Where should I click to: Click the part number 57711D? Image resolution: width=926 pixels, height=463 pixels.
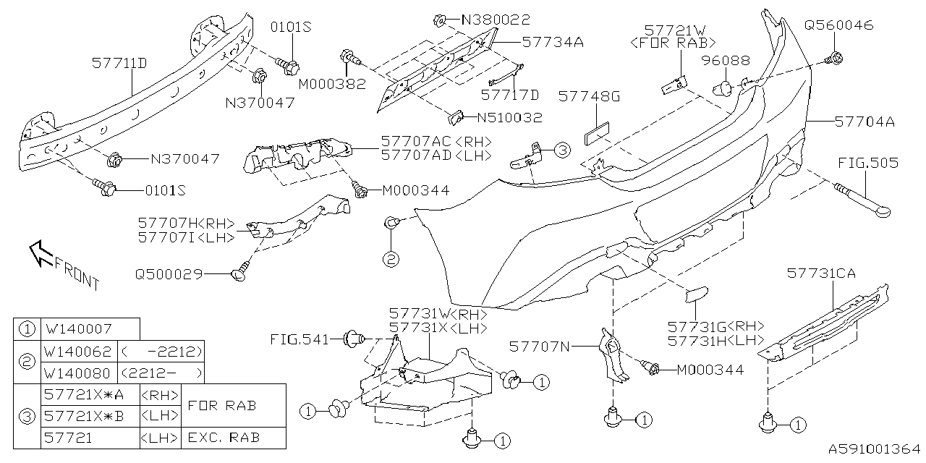point(119,64)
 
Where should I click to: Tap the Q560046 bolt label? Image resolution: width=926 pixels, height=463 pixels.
point(838,25)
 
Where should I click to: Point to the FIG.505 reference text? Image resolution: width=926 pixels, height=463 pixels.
point(868,163)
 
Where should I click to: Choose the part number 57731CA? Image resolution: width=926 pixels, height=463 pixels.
point(820,273)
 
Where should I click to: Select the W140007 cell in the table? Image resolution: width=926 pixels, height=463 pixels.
point(77,329)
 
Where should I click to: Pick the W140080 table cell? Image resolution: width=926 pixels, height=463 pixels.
point(77,373)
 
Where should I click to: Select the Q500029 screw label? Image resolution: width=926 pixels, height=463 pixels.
point(168,274)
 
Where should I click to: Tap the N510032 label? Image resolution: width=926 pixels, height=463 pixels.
point(509,116)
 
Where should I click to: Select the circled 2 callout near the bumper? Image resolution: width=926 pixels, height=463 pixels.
point(391,258)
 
